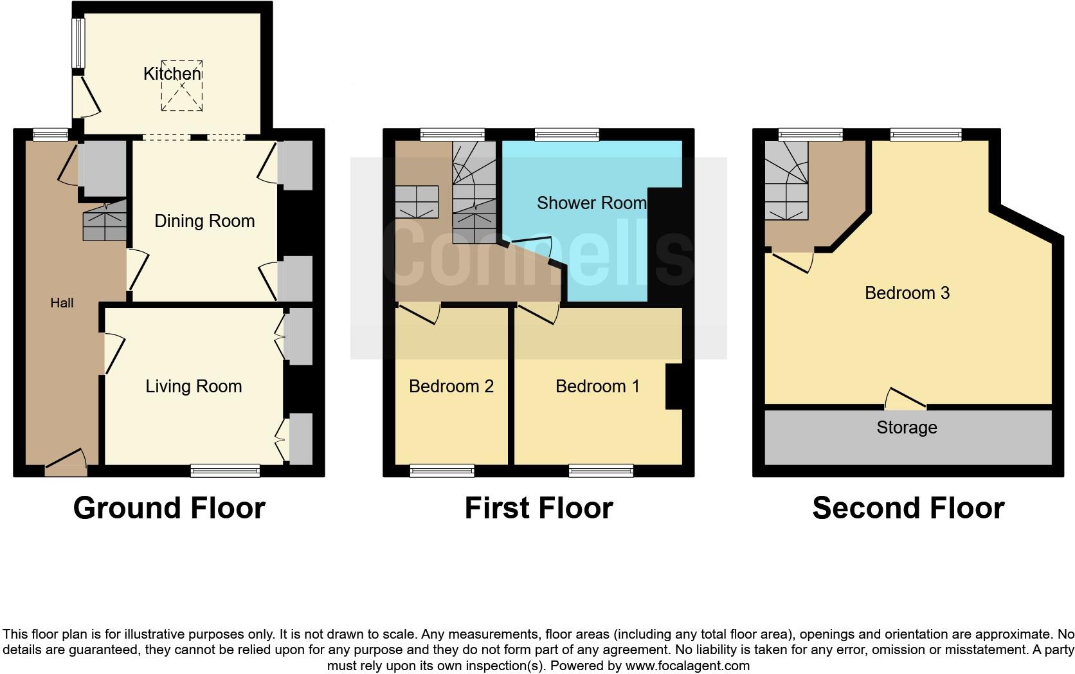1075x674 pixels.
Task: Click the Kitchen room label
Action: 172,73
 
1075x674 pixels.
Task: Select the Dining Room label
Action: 204,221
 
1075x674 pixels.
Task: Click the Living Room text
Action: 194,387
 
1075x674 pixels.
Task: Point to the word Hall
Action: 62,303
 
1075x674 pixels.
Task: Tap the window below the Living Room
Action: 225,471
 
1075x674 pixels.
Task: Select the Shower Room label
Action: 591,203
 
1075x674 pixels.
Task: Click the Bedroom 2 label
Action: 451,387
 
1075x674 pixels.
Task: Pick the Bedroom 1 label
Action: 597,387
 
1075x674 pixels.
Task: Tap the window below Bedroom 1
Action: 601,471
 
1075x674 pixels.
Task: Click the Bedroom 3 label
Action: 907,293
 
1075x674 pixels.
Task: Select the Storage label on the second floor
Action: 907,428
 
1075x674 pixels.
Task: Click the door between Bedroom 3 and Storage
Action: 905,401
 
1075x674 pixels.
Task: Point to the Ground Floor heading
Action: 169,508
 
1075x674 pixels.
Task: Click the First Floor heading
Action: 539,508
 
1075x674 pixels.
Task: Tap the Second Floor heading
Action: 908,508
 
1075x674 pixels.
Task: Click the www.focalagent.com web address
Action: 687,666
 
